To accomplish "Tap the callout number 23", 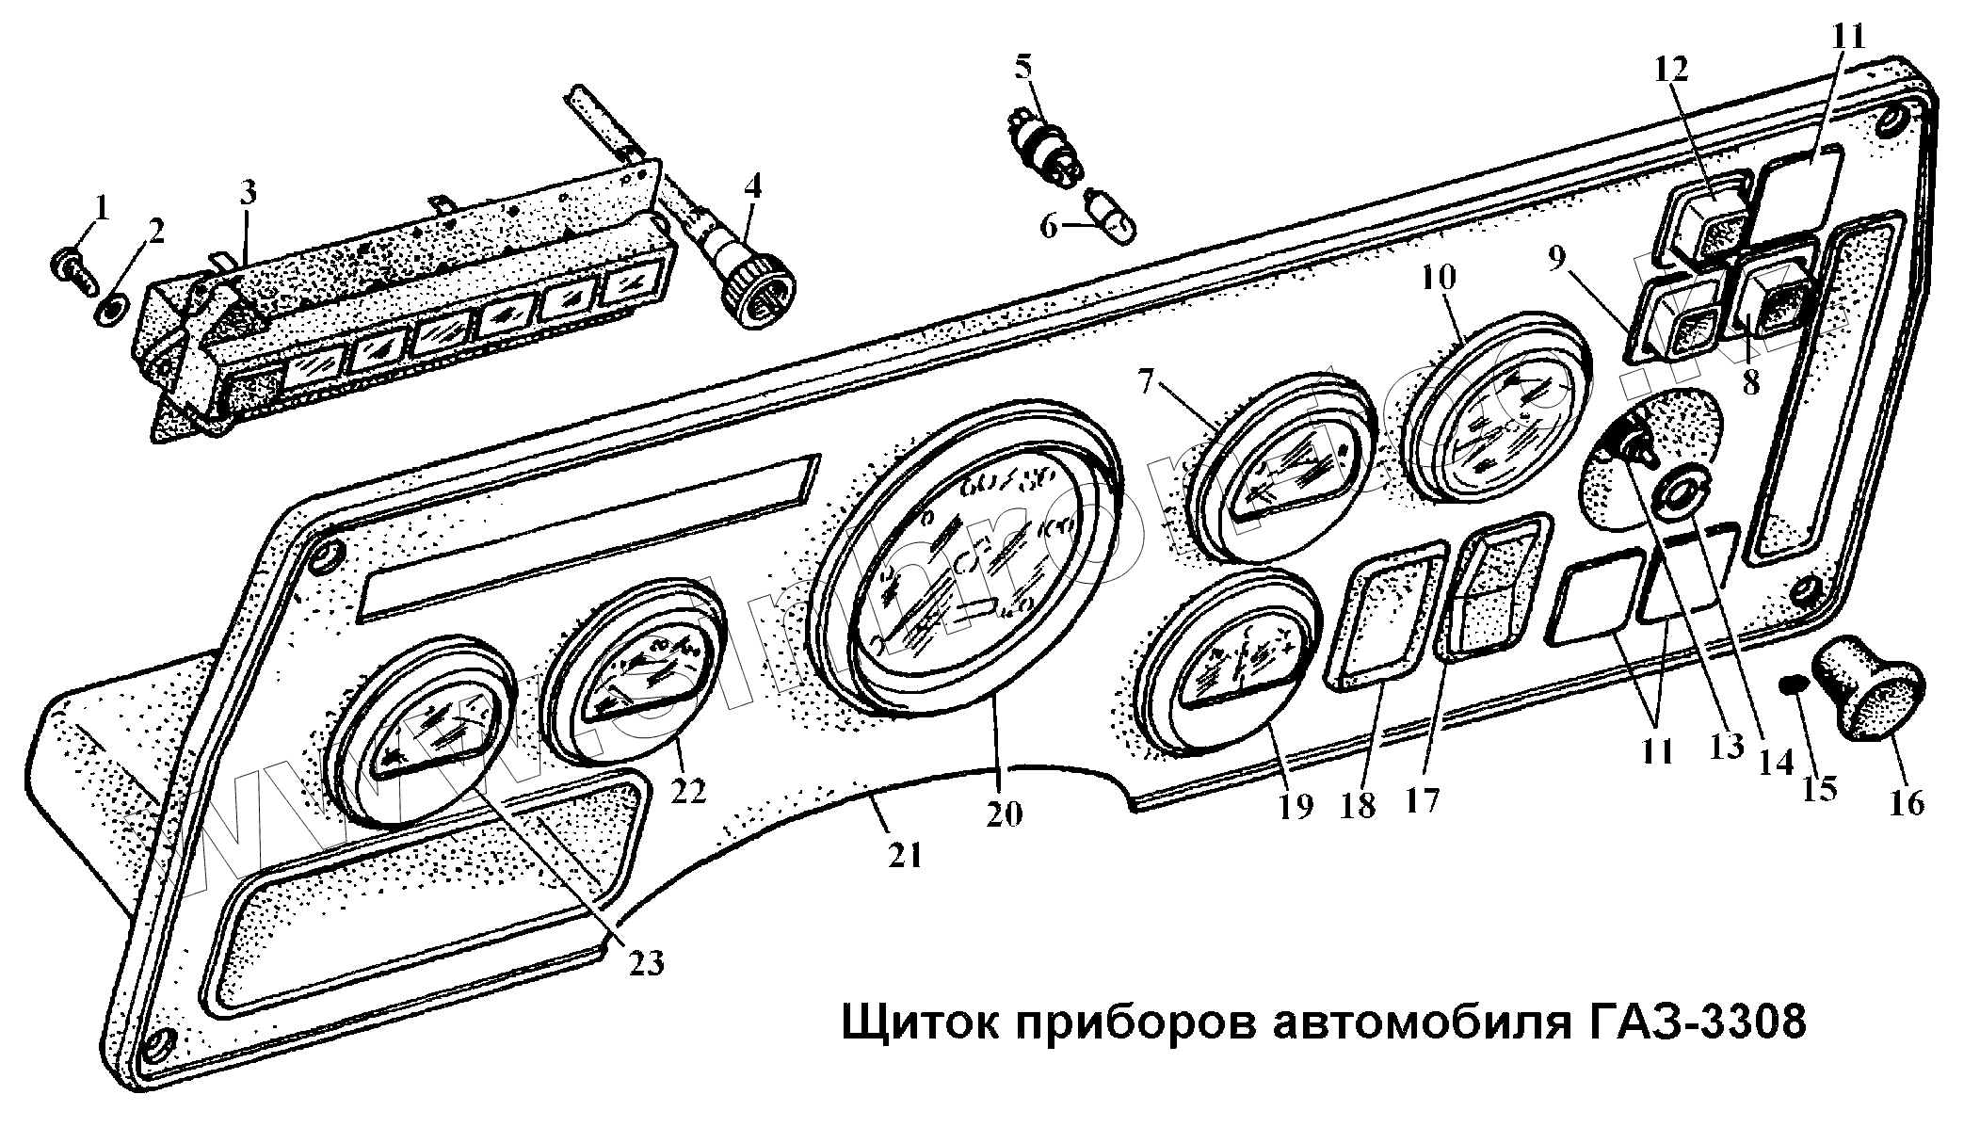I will click(x=648, y=962).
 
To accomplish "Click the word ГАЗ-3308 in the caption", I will click(x=1689, y=1022).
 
